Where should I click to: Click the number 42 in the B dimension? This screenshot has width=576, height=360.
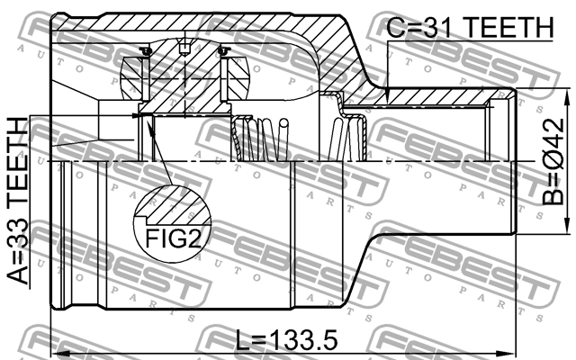point(558,144)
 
